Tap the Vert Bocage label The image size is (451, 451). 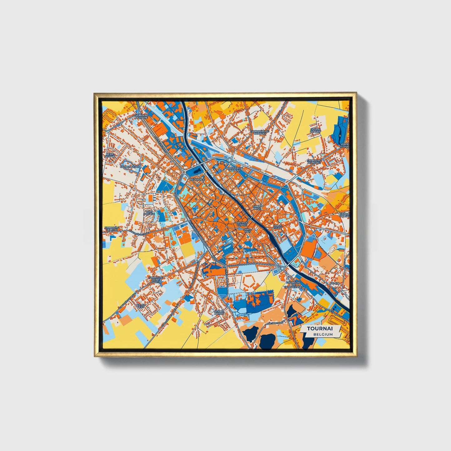point(149,213)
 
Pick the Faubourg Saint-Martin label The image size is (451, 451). point(155,279)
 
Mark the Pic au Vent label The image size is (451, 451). point(140,306)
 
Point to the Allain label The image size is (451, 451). point(334,283)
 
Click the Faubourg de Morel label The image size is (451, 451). point(314,162)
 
